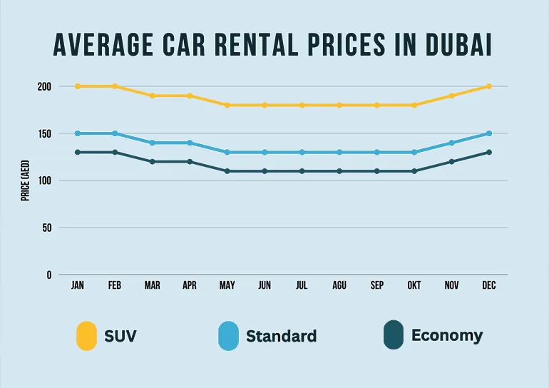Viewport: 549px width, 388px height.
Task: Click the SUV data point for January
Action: tap(78, 86)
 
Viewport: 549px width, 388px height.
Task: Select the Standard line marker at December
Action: tap(489, 133)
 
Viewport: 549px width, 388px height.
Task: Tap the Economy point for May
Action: tap(227, 171)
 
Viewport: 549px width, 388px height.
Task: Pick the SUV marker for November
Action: tap(452, 96)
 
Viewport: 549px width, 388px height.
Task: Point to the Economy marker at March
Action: tap(153, 162)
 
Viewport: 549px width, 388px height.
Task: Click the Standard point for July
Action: tap(302, 152)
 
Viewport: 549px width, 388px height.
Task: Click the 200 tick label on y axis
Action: tap(44, 86)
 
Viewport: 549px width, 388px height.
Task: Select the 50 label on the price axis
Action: tap(47, 228)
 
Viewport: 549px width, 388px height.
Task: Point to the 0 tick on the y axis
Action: tap(49, 275)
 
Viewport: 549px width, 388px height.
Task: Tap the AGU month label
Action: tap(339, 285)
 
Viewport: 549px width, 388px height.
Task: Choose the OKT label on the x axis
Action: tap(414, 285)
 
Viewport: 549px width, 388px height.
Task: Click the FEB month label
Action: tap(115, 285)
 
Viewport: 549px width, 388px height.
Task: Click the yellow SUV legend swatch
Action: tap(86, 336)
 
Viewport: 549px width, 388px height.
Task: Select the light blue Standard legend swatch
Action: tap(228, 336)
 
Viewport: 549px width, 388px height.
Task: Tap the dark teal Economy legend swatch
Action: tap(393, 336)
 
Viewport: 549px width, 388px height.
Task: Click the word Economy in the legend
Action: tap(446, 335)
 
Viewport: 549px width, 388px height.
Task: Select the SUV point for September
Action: tap(377, 105)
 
